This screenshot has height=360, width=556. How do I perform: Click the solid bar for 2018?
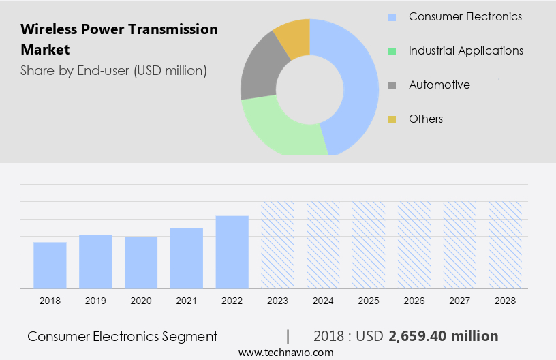pos(50,265)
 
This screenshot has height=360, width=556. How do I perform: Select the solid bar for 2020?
pos(141,262)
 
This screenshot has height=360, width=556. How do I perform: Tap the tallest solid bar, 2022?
pos(232,252)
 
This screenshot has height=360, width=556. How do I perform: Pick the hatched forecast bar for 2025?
pos(369,245)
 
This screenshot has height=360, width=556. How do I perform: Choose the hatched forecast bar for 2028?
pos(506,245)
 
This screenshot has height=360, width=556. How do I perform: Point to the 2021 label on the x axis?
pos(187,301)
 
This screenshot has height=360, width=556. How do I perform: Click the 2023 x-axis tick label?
pos(278,301)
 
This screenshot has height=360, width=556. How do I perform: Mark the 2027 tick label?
pos(460,301)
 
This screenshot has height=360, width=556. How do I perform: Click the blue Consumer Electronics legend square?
pos(392,17)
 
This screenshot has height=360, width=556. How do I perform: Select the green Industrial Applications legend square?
pos(392,51)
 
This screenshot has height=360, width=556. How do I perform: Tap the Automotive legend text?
pos(439,85)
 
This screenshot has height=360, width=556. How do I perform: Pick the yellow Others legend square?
pos(392,119)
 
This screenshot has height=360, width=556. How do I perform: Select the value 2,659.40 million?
pos(444,336)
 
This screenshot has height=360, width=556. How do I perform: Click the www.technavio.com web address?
pos(286,352)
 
